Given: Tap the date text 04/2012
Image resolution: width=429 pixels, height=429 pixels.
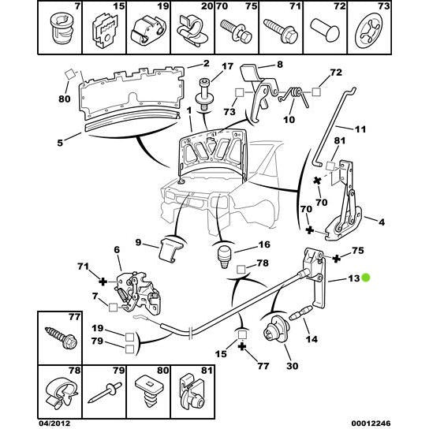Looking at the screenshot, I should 60,422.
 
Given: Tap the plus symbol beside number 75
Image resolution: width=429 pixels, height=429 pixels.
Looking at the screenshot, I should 338,257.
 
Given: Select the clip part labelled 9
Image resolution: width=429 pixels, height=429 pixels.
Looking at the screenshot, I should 169,248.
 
